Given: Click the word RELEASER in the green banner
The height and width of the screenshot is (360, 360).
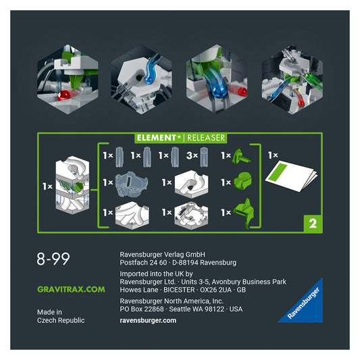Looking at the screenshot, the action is pos(206,138).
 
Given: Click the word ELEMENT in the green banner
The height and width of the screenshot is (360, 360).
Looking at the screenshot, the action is pos(156,138).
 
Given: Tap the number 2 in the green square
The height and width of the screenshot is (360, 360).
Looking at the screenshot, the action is pos(313,224).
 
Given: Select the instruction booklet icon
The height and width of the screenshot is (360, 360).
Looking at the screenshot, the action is pos(292,176).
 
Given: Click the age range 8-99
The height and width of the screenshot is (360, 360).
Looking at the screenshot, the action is pos(53,259).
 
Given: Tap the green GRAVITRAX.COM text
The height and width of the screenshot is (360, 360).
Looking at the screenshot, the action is pos(71,289).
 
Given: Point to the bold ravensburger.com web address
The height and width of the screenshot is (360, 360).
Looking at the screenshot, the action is pos(148,320).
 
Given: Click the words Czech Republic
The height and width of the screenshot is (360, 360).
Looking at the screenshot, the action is pos(61,320).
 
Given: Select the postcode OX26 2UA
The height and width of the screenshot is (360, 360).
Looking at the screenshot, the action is pos(215,290).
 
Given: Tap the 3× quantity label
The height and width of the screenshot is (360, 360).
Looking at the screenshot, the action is pos(192,155).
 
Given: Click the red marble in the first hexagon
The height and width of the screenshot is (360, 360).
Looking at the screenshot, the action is pos(63,95).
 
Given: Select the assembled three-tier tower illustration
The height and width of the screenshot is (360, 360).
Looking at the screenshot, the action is pos(72,185).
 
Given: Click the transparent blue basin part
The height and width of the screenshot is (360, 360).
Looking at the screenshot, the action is pos(131,184).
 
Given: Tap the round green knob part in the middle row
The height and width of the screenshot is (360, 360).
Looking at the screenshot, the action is pos(242,181).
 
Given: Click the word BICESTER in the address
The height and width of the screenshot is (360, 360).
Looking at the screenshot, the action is pos(179,290).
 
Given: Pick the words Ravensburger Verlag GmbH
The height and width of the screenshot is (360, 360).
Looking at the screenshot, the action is pos(163,255).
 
